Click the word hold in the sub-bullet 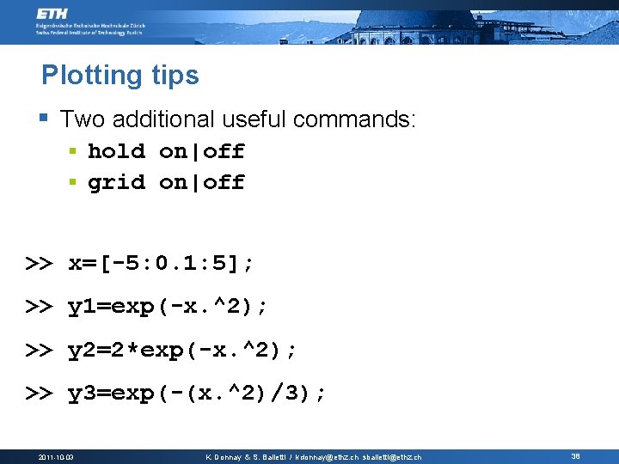[116, 152]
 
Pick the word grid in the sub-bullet [116, 182]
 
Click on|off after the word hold [202, 152]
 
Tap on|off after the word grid [202, 182]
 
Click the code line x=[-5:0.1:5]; [161, 264]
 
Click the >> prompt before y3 [38, 394]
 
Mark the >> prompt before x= [38, 264]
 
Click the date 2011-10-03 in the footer [56, 456]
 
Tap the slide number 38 [575, 456]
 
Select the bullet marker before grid [76, 182]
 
